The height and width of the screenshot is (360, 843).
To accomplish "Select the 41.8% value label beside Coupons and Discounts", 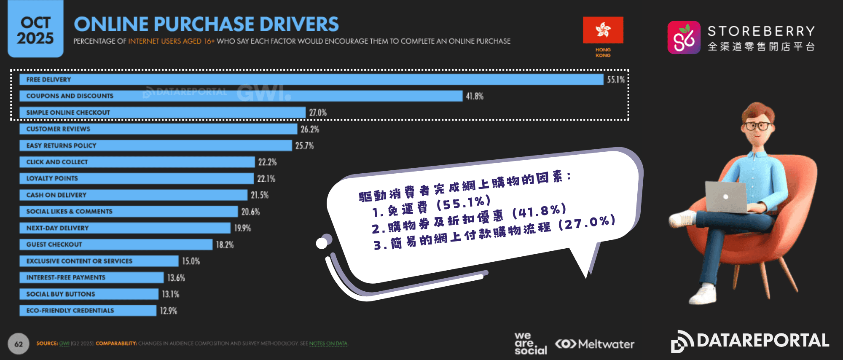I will click(x=475, y=96).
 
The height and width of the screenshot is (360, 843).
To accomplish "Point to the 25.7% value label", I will click(x=304, y=146).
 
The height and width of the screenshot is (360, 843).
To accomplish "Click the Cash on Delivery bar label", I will click(x=56, y=195).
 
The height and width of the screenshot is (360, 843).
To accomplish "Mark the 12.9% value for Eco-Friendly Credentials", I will click(x=168, y=311).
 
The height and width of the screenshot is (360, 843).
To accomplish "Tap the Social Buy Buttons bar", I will click(x=89, y=294).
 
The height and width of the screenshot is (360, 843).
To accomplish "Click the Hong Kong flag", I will click(x=603, y=30).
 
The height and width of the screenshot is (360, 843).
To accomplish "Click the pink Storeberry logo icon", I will click(x=684, y=38).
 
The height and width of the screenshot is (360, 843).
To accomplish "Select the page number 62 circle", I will click(x=19, y=344).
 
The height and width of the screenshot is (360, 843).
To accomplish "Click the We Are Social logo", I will click(x=530, y=344).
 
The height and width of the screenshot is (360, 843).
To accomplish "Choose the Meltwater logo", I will click(x=595, y=344).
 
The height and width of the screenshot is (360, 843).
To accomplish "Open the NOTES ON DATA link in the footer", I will click(x=328, y=344).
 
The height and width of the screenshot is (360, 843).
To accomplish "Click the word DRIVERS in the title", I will click(x=299, y=24).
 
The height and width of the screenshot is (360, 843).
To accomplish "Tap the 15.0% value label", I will click(x=191, y=261).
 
